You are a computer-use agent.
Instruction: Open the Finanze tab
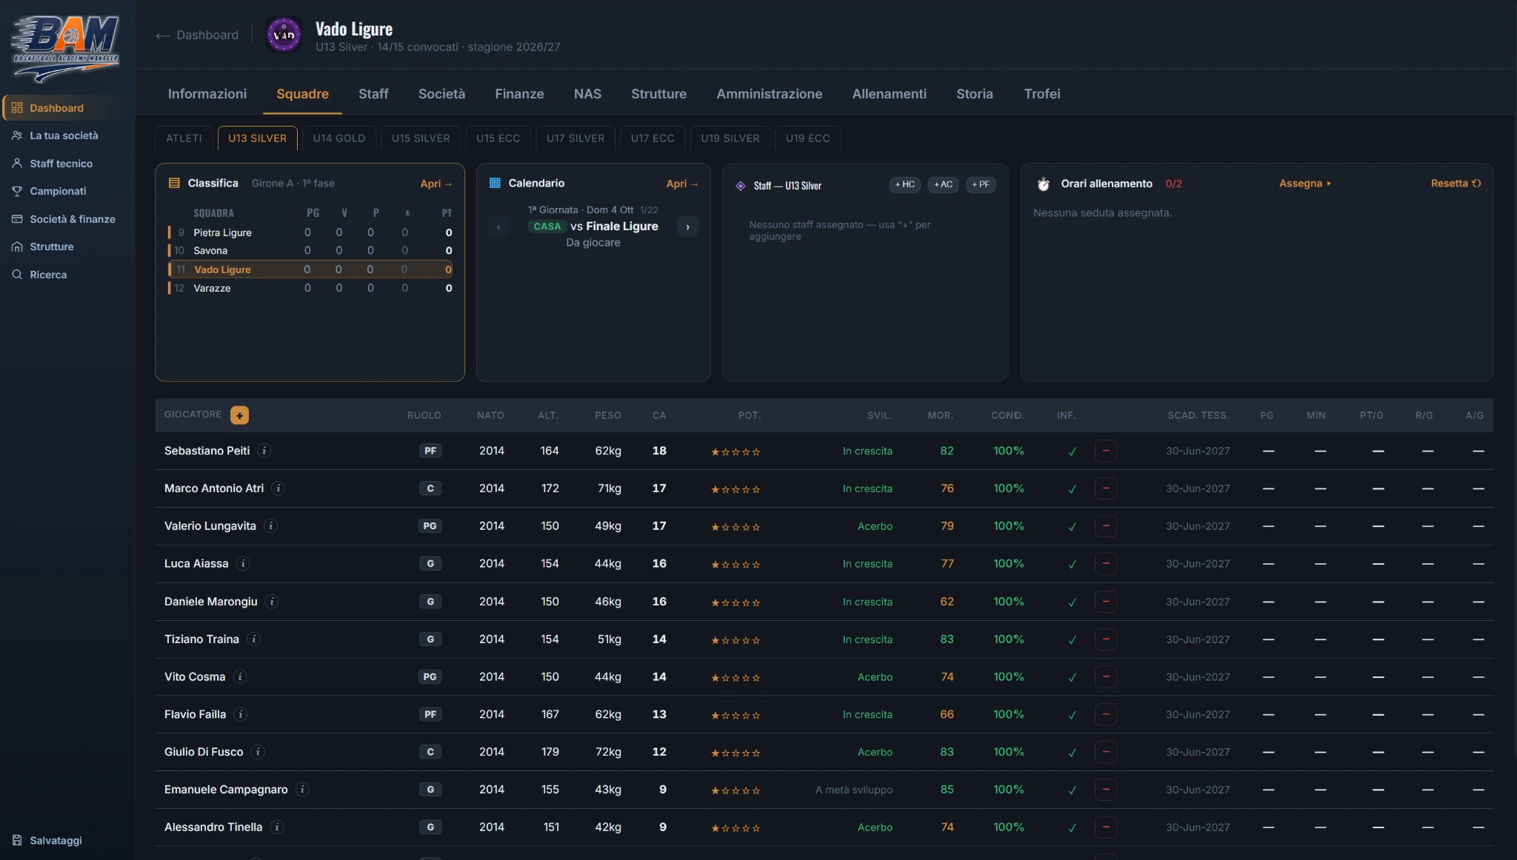point(519,94)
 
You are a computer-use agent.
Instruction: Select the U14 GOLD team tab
point(339,138)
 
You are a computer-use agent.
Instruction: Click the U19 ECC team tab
point(807,138)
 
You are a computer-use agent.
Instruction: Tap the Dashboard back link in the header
point(197,35)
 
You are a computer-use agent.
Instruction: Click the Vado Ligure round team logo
point(284,35)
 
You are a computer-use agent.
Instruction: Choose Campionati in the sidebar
point(58,191)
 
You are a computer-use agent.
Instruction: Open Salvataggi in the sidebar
point(56,841)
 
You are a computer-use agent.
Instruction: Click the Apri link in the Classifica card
point(436,184)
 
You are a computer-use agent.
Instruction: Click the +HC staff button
point(905,184)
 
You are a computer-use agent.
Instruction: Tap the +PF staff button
point(981,184)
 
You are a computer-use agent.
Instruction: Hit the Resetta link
point(1456,184)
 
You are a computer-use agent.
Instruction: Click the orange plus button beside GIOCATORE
point(239,415)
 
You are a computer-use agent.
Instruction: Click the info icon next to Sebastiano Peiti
point(264,451)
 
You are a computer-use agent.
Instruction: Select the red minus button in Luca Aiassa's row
point(1106,564)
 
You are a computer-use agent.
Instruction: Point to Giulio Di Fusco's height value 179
point(550,752)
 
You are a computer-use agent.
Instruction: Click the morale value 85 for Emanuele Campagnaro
point(947,790)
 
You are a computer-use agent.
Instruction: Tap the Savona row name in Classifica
point(210,251)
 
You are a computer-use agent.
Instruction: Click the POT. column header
point(749,416)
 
